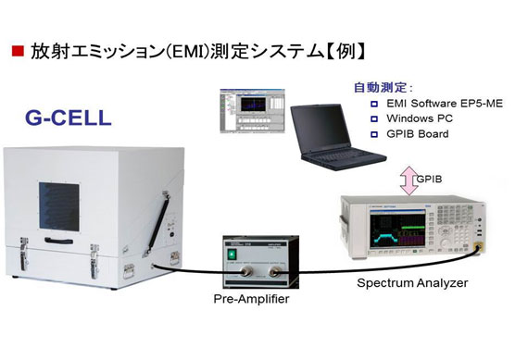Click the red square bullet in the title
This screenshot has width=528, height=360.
17,51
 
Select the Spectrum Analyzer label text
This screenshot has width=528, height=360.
412,282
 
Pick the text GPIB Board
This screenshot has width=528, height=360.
416,134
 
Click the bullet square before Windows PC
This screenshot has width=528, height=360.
375,118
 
